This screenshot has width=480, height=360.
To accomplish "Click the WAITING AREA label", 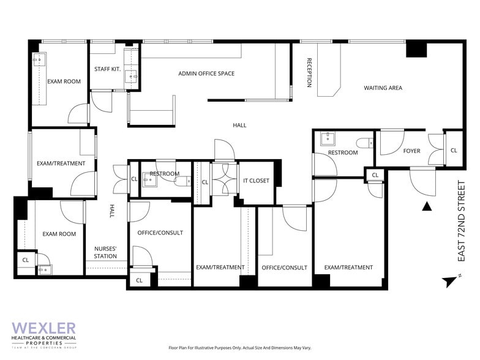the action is [x=383, y=88].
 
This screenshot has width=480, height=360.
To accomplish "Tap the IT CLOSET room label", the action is [x=256, y=181].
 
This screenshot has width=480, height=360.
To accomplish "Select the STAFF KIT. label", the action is [x=108, y=69].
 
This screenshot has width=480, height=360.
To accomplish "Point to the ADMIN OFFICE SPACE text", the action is [x=206, y=73].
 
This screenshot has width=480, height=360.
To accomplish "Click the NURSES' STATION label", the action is [x=105, y=252].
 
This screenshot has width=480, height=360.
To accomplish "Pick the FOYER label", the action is [x=411, y=151].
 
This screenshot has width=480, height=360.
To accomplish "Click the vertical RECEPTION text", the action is [x=309, y=72].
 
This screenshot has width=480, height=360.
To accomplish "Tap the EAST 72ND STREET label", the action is [x=462, y=221].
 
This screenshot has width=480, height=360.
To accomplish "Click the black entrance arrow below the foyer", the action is [x=427, y=207].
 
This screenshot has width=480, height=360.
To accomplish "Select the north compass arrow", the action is [x=450, y=281].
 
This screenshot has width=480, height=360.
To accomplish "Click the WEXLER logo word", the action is [x=44, y=328].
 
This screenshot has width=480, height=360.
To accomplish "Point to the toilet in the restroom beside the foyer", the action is [x=365, y=143].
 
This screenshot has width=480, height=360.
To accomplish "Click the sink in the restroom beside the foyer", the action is [x=328, y=138].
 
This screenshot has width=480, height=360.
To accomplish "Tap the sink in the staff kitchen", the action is [x=132, y=76].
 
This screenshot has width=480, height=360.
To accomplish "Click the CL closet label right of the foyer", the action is [x=454, y=151].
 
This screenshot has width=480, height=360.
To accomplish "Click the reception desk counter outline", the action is [x=329, y=70].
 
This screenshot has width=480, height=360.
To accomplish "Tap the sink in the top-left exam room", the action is [x=39, y=60].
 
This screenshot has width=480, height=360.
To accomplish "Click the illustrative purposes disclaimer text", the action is [x=240, y=348].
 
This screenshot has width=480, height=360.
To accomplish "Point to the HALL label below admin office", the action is [x=239, y=125].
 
